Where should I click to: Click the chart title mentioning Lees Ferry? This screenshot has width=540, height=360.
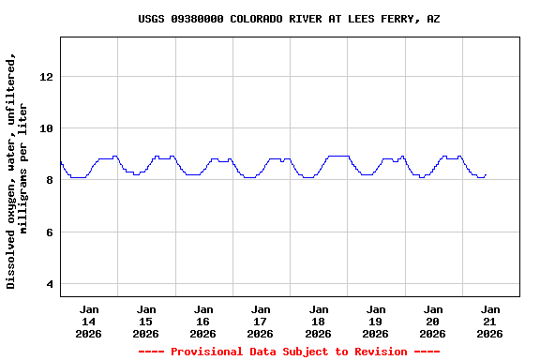[x=289, y=19]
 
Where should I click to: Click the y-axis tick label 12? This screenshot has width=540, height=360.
[x=47, y=76]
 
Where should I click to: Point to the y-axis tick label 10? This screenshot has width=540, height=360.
[x=47, y=128]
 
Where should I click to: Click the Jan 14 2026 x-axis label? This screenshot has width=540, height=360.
[x=89, y=321]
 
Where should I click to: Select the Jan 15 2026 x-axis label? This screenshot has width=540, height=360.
[x=146, y=321]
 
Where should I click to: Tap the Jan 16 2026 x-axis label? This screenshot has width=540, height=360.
[x=203, y=321]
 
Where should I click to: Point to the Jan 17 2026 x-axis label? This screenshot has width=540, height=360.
[x=261, y=321]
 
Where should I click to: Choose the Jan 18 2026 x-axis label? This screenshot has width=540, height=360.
[x=318, y=321]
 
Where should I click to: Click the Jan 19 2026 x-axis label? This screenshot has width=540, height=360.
[x=375, y=321]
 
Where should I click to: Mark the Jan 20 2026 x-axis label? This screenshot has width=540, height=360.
[x=432, y=321]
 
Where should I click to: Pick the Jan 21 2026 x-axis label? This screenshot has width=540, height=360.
[x=489, y=321]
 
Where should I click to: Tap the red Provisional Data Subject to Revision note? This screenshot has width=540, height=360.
[x=289, y=352]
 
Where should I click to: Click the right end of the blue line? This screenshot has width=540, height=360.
[x=487, y=174]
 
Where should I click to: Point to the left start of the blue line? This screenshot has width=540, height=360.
[x=61, y=162]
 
